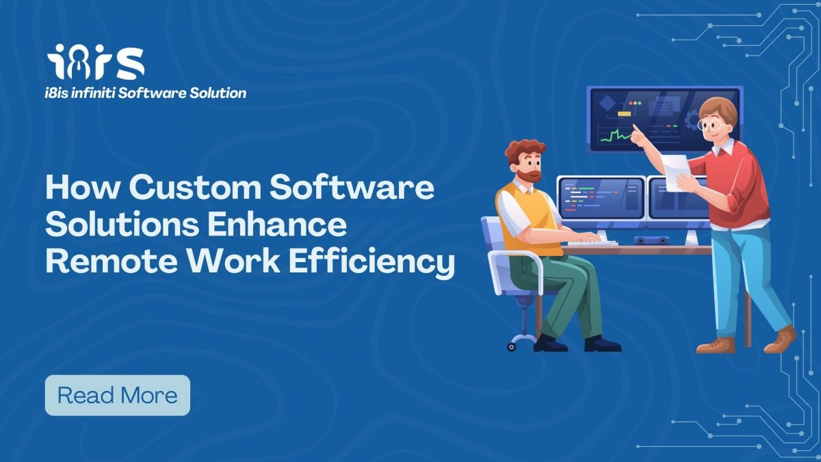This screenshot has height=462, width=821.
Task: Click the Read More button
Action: [x=117, y=396]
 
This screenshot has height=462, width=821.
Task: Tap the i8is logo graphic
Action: [x=96, y=62]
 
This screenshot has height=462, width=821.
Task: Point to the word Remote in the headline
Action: [x=112, y=261]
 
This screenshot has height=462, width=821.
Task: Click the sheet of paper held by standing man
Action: [x=676, y=172]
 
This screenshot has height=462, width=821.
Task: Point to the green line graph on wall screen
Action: [x=616, y=136]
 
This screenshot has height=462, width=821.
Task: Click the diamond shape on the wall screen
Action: [x=608, y=103]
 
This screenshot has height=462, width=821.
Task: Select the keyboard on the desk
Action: [x=592, y=242]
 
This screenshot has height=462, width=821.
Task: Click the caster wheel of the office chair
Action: [x=511, y=347]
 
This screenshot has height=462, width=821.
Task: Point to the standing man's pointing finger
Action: [x=635, y=128]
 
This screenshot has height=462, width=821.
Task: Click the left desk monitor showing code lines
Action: [x=601, y=199]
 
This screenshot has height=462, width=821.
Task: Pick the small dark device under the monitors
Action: [x=651, y=240]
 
